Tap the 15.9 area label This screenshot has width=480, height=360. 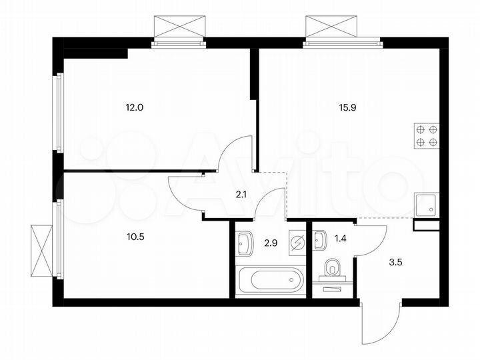pyautogui.click(x=349, y=104)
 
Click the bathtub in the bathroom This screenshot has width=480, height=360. pyautogui.click(x=269, y=279)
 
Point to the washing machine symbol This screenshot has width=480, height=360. pyautogui.click(x=297, y=242)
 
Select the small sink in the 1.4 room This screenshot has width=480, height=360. pyautogui.click(x=320, y=238)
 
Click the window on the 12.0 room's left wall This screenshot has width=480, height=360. pyautogui.click(x=59, y=113)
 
